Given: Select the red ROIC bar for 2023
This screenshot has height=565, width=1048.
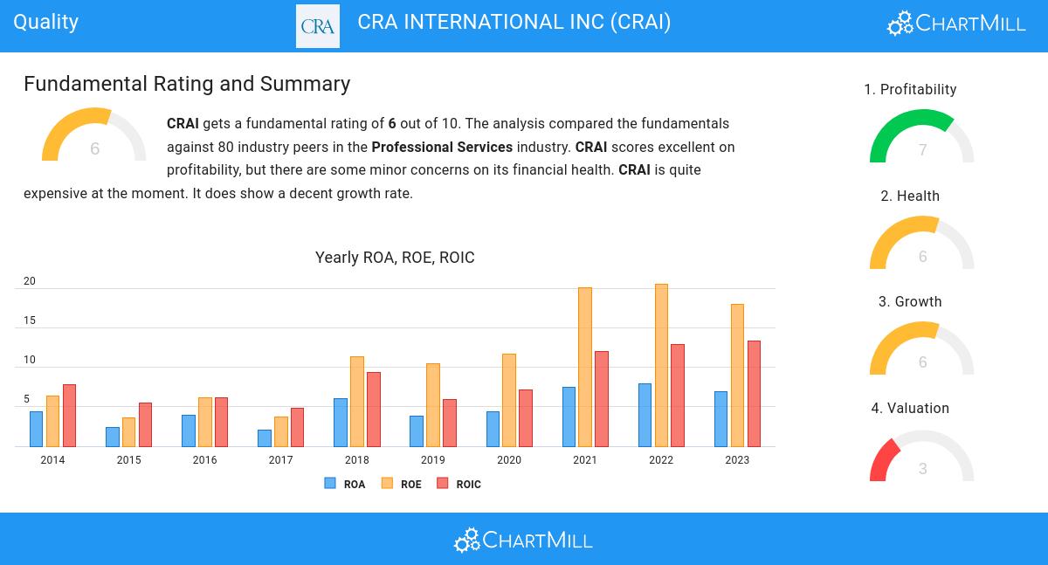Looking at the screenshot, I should (754, 393).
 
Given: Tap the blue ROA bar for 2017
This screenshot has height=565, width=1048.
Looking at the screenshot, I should (265, 438).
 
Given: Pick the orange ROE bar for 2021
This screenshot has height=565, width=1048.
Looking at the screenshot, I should (585, 367).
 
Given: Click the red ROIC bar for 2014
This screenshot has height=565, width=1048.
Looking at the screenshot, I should (69, 415).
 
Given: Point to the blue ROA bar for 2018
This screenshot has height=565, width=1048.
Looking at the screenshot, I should (341, 422).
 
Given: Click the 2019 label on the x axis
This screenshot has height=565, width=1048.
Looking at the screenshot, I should (432, 460).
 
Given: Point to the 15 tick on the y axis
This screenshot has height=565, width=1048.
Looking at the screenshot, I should (30, 320).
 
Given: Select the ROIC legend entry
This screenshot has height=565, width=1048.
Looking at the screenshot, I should (459, 484).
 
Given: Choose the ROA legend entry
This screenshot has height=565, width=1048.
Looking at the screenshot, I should (345, 484).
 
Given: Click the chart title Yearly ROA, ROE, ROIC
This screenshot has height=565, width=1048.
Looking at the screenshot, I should (395, 258).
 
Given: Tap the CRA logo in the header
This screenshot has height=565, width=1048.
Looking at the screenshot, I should (318, 26).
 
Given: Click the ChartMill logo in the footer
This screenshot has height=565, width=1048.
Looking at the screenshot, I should (523, 541).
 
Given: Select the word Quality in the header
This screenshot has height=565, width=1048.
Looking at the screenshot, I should (46, 22).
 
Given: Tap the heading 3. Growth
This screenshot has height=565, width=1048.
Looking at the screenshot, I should (910, 302).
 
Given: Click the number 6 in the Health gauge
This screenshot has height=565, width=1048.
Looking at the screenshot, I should (922, 257).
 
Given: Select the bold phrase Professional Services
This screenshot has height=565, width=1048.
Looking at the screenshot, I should (442, 147).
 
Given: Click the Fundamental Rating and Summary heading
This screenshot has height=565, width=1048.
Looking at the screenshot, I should (187, 84).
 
